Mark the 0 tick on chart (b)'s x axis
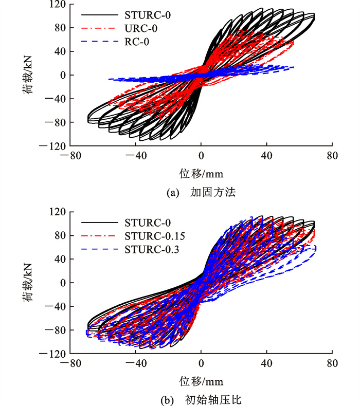201,363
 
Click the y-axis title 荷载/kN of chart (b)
28,283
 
